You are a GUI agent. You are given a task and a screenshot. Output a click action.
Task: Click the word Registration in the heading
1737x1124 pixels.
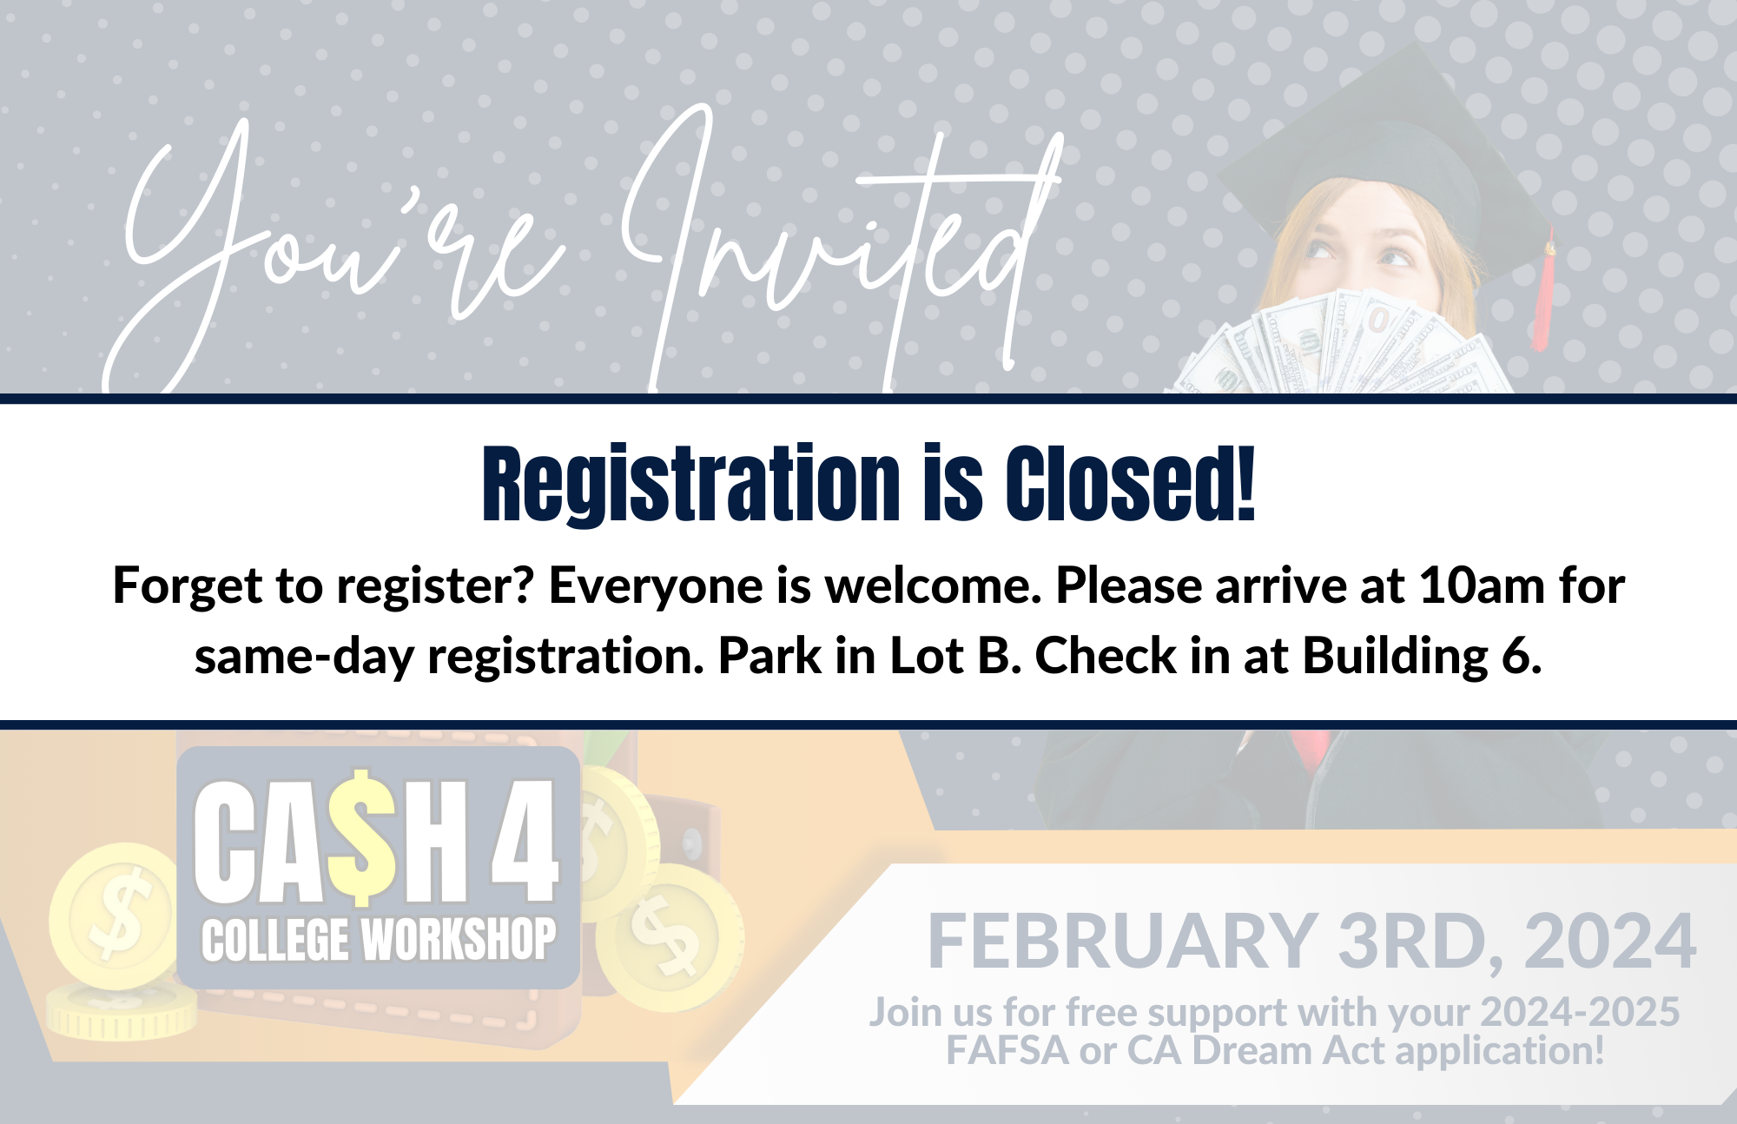pos(691,485)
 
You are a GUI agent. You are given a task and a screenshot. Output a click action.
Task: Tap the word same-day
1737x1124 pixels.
pos(304,657)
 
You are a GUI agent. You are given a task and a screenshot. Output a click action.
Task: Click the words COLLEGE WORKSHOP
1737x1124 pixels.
pos(379,940)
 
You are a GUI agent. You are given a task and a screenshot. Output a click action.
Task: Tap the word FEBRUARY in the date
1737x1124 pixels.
pos(1122,942)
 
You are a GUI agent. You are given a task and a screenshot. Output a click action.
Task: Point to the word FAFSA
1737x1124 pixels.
pos(1007,1051)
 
